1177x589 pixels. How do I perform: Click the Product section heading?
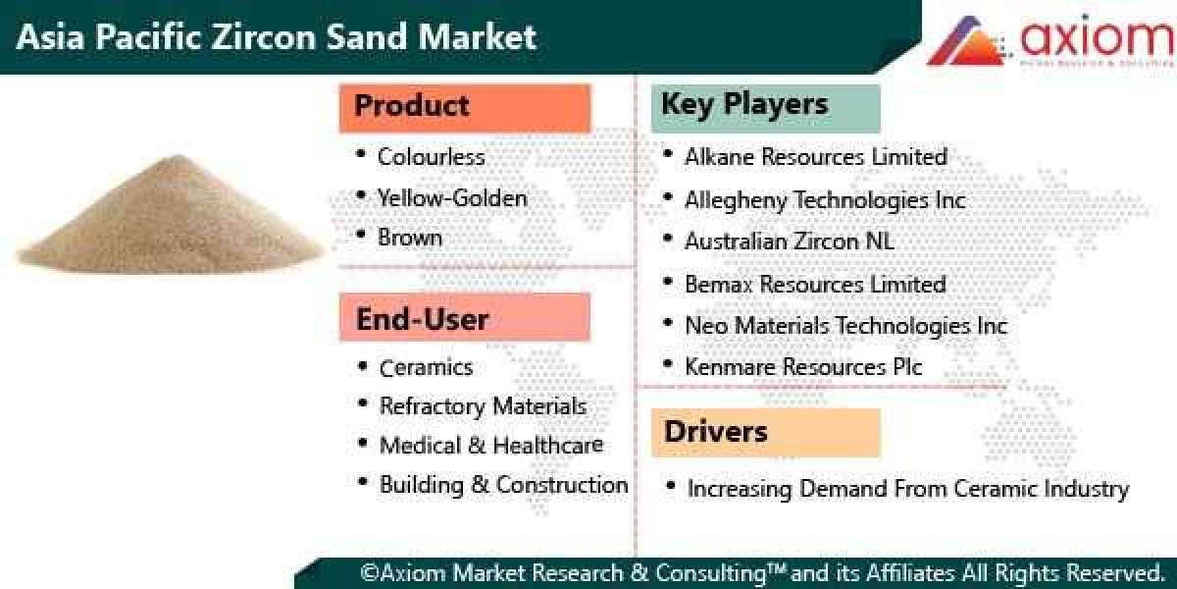tap(464, 107)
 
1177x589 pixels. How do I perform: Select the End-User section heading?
tap(464, 318)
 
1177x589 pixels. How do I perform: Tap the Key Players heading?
tap(765, 106)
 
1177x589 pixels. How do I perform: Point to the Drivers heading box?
tap(765, 432)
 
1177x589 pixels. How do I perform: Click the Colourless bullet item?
tap(431, 157)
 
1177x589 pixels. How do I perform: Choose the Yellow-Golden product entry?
tap(452, 198)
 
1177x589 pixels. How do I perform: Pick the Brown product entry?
tap(410, 238)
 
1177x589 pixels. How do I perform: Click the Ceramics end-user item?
tap(426, 368)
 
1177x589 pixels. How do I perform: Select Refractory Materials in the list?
tap(483, 406)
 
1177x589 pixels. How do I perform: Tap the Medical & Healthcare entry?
tap(490, 446)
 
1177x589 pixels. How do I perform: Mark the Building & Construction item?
tap(503, 485)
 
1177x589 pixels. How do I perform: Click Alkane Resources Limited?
tap(815, 157)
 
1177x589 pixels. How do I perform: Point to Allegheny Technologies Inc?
tap(824, 200)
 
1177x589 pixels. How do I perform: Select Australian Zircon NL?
tap(789, 241)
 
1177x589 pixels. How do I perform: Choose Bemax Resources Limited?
tap(814, 285)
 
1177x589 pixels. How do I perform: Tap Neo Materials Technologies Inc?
tap(845, 326)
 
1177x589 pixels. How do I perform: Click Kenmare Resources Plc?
tap(802, 367)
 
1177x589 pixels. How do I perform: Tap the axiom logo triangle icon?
tap(966, 41)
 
